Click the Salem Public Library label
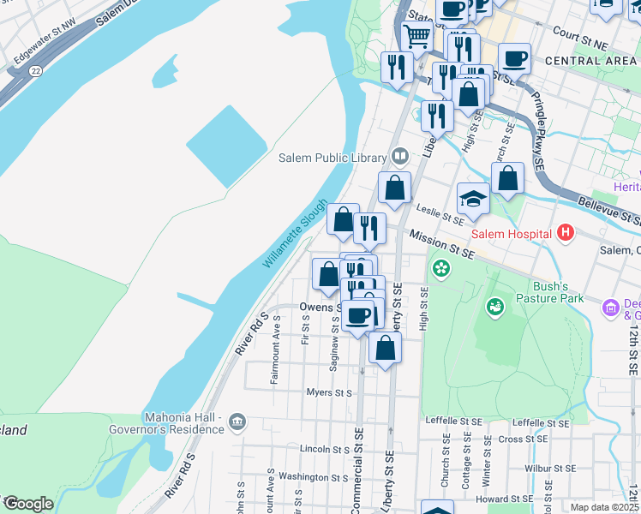click(x=332, y=157)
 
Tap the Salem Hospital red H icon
click(x=565, y=232)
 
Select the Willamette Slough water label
click(x=295, y=234)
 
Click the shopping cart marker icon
click(x=416, y=36)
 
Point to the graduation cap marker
click(x=473, y=200)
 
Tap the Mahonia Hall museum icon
click(x=237, y=421)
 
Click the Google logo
click(x=27, y=504)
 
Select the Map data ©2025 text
click(x=604, y=507)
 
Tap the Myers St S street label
click(x=330, y=393)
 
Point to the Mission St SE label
click(x=441, y=244)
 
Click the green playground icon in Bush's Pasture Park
click(x=494, y=306)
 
